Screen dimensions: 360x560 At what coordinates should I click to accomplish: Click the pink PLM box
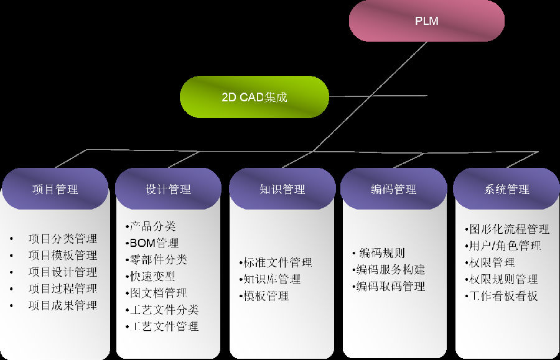(426, 21)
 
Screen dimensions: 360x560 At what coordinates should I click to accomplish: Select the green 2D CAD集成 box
(254, 97)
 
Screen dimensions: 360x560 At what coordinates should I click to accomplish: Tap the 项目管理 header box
(55, 189)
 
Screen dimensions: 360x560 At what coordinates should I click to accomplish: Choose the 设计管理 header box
(168, 189)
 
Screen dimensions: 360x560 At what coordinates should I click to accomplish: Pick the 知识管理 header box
(282, 189)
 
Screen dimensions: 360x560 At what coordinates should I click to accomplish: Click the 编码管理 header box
(393, 189)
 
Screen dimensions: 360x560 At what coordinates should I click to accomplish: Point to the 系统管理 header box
(506, 189)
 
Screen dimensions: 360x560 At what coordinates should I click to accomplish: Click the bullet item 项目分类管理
(62, 238)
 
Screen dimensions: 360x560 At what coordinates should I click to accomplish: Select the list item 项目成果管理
(62, 305)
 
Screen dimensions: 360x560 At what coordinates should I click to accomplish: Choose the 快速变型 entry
(152, 276)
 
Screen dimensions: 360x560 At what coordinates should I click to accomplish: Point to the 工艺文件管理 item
(164, 326)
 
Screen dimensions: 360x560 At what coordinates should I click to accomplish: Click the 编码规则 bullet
(381, 253)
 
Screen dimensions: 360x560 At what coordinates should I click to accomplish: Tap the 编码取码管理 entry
(391, 286)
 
